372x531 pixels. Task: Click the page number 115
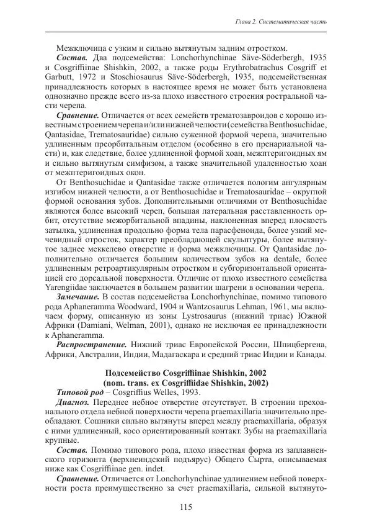point(186,507)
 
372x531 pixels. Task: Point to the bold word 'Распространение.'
point(92,343)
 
